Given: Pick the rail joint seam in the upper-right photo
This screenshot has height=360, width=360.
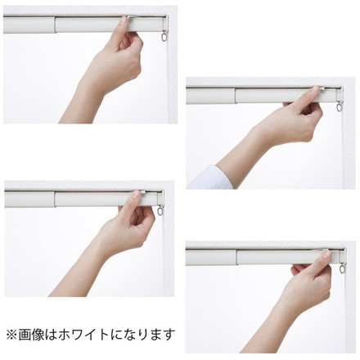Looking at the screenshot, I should click(x=236, y=97).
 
